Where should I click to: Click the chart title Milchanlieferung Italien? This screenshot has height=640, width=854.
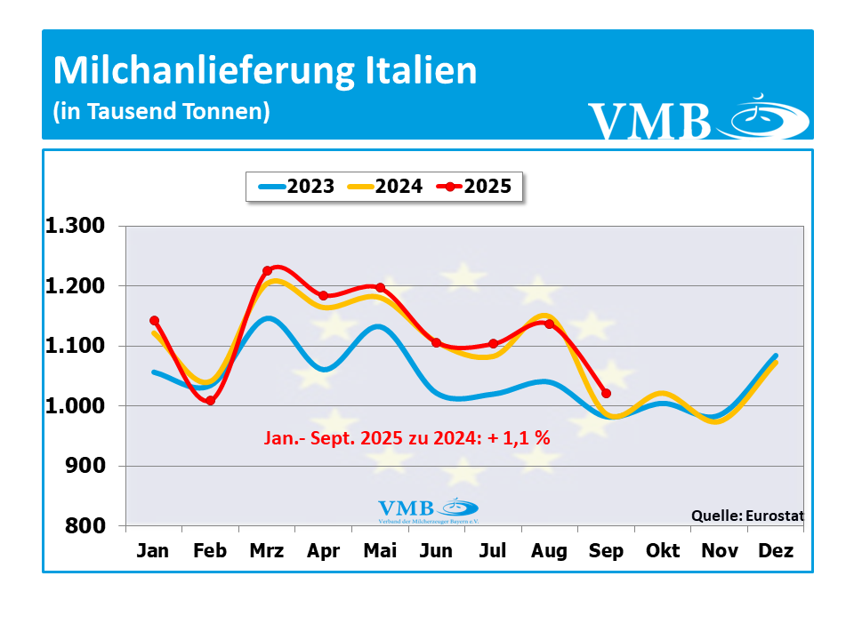(265, 71)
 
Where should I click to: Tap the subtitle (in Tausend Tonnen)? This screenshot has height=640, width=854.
(161, 112)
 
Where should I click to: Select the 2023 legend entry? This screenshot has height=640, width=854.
(297, 187)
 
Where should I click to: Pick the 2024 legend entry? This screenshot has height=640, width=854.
(385, 187)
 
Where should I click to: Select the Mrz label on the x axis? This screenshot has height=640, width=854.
(267, 552)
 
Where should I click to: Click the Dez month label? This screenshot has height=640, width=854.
(776, 552)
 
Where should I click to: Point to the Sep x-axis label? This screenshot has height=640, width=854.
(606, 552)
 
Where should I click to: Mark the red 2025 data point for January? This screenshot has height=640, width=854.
(154, 320)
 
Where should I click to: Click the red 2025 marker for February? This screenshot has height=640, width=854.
(210, 401)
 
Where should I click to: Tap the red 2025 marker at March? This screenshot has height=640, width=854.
(267, 270)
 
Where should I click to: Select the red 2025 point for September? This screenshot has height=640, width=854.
(606, 393)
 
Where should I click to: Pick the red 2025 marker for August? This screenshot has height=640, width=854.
(549, 324)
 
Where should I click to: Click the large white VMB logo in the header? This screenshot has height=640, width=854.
(698, 119)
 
